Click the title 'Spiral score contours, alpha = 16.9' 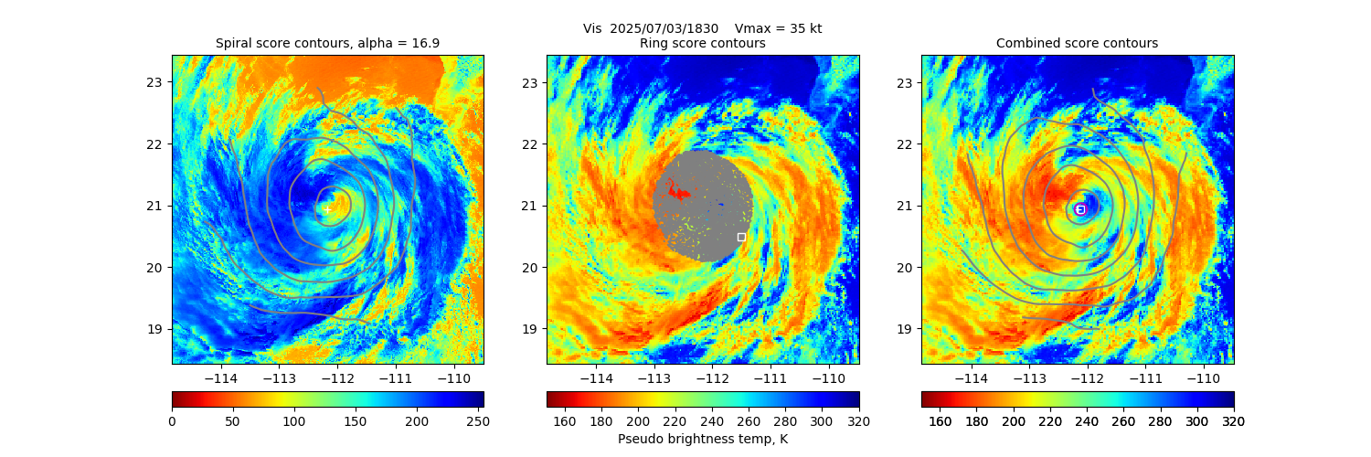[327, 43]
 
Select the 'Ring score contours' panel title [702, 43]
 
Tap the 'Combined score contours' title [1077, 43]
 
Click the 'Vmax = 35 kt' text [778, 28]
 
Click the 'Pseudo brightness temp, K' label [702, 439]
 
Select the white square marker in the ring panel [741, 237]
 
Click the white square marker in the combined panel [1079, 209]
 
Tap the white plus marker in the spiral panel [326, 208]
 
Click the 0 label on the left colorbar [172, 421]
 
